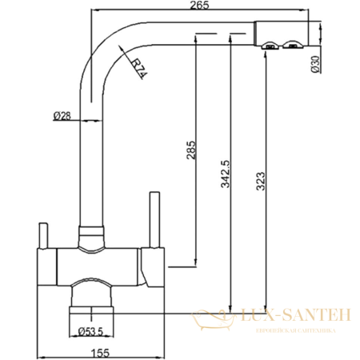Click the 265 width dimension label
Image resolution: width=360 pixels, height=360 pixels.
[200, 7]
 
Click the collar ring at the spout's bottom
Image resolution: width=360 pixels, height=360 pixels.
[92, 233]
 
